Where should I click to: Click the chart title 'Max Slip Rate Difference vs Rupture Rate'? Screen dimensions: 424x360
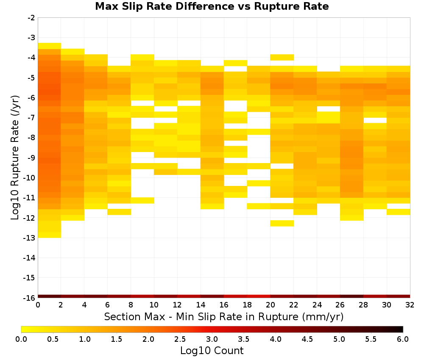(x=212, y=6)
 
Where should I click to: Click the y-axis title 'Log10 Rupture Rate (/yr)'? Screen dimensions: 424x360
(x=15, y=158)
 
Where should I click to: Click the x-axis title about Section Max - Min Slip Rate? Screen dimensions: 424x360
(x=224, y=316)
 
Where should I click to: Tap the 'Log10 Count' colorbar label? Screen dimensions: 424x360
(x=212, y=351)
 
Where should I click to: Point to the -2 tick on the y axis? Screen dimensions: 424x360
(x=31, y=18)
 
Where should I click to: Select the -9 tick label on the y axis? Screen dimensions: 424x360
(x=31, y=158)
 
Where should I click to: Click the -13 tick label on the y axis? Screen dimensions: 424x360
(x=30, y=238)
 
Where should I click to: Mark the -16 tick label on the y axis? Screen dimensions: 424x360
(x=30, y=298)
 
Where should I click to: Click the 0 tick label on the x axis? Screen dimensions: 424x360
(x=38, y=305)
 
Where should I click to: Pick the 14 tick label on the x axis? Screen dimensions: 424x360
(x=201, y=305)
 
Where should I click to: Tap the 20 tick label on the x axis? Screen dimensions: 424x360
(x=271, y=305)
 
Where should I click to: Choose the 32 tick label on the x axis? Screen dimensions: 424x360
(x=410, y=305)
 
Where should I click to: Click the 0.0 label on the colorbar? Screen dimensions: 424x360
(x=21, y=339)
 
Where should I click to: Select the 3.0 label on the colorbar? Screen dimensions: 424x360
(x=212, y=339)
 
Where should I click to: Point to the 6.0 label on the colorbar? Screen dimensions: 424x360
(x=403, y=339)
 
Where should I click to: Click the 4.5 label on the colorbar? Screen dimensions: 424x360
(x=307, y=339)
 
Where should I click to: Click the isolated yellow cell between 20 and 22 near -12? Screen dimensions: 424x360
(x=282, y=223)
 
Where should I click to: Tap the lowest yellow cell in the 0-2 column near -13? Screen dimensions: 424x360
(x=50, y=235)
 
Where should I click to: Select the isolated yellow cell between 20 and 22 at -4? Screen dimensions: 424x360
(x=282, y=57)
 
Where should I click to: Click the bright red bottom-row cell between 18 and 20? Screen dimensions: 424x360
(x=259, y=296)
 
